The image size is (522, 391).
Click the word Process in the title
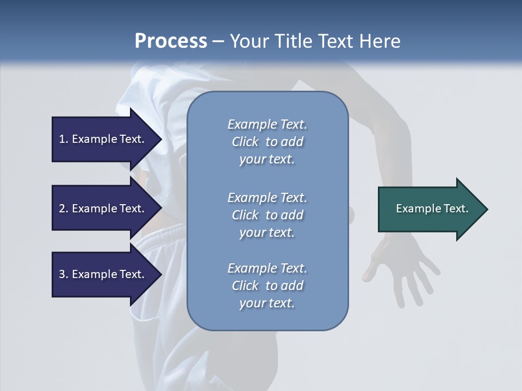tap(171, 41)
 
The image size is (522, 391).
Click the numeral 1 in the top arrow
tap(62, 139)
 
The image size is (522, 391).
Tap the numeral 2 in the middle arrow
tap(62, 209)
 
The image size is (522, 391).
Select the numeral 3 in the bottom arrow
tap(62, 274)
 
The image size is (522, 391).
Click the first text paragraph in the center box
tap(267, 142)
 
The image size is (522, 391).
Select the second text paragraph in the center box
tap(267, 215)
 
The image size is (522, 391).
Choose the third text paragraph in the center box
tap(267, 286)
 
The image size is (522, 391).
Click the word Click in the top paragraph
tap(245, 142)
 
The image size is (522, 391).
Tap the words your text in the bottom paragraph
tap(267, 303)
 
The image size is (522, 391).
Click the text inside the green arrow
tap(432, 209)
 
